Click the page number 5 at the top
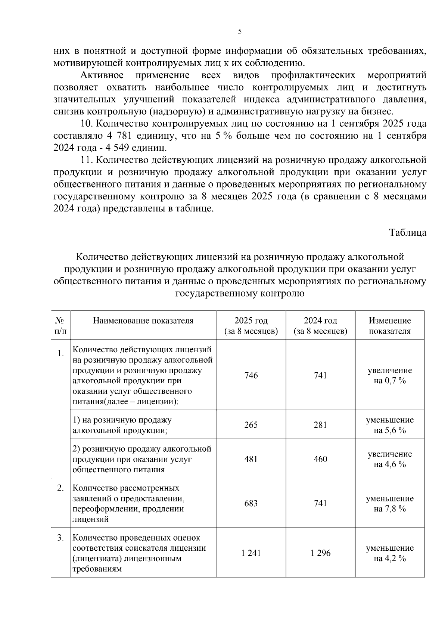pyautogui.click(x=240, y=32)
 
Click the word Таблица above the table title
pyautogui.click(x=408, y=232)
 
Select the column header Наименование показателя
pyautogui.click(x=143, y=321)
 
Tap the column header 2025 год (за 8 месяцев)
pyautogui.click(x=251, y=326)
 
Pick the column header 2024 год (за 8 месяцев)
pyautogui.click(x=320, y=326)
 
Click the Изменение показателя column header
pyautogui.click(x=390, y=326)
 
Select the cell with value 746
pyautogui.click(x=251, y=375)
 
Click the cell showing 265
pyautogui.click(x=251, y=425)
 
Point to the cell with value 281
pyautogui.click(x=320, y=425)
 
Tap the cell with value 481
pyautogui.click(x=251, y=459)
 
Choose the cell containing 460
pyautogui.click(x=320, y=459)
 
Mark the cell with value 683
pyautogui.click(x=251, y=504)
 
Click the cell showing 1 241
pyautogui.click(x=251, y=553)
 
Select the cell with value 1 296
pyautogui.click(x=320, y=553)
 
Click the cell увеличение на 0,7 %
pyautogui.click(x=390, y=375)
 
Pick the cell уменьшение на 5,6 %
pyautogui.click(x=390, y=425)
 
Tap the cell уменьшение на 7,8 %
pyautogui.click(x=390, y=504)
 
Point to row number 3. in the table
pyautogui.click(x=60, y=538)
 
